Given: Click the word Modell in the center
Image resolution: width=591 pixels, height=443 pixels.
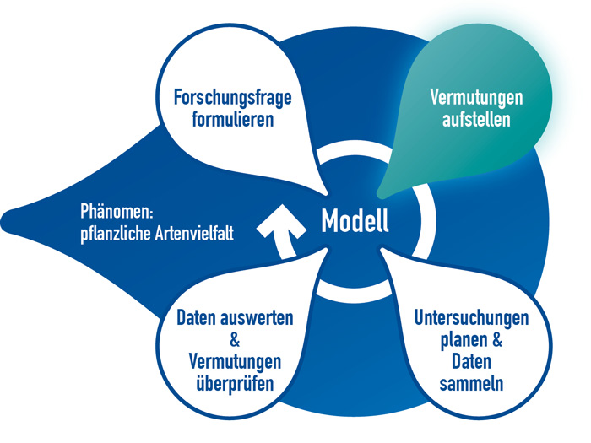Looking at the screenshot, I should coord(355,221).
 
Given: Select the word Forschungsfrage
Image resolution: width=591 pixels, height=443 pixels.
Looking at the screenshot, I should coord(232,97).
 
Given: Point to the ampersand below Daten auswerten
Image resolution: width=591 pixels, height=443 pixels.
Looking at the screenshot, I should coord(235,340).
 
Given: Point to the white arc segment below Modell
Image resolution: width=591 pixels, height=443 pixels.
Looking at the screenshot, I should coord(353,292).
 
